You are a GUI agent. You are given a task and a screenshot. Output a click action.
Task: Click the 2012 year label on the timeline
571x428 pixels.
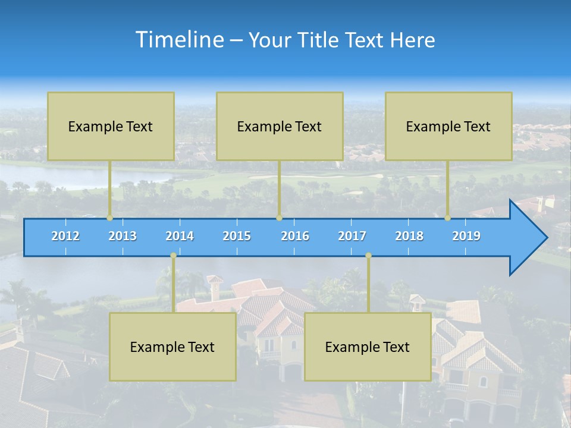coord(65,236)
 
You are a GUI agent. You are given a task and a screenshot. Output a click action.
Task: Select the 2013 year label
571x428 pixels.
coord(123,236)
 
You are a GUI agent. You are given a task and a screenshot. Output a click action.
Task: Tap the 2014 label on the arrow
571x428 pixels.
coord(180,236)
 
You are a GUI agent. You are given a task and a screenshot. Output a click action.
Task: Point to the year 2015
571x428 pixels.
coord(237,236)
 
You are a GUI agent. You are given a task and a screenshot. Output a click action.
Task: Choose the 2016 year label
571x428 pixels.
coord(295,236)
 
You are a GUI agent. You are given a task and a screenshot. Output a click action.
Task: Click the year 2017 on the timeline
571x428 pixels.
coord(352,236)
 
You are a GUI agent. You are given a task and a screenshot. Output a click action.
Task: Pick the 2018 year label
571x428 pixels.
coord(409,236)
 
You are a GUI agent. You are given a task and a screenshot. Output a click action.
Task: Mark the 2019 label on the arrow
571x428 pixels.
coord(466,236)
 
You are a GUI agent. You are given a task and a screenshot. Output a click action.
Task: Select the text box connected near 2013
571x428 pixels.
coord(111,126)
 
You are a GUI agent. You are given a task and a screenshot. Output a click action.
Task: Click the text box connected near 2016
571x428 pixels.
coord(280,126)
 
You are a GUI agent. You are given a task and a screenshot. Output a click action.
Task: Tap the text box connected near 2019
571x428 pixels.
coord(448,126)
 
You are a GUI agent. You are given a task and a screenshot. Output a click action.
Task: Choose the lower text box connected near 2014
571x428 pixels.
coord(172,347)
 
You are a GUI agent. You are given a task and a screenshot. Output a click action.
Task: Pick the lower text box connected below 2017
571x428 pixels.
coord(368,347)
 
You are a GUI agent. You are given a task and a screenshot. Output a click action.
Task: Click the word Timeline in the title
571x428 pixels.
coord(179,40)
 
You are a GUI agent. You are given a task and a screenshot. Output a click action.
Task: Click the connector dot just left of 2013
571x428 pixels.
coord(110,218)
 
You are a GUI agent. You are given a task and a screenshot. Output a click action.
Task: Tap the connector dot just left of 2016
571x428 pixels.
coord(279,218)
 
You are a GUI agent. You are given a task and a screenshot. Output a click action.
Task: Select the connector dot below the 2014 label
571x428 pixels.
coord(173,256)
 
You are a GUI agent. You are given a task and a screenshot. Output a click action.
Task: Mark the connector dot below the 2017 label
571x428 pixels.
coord(368,256)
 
